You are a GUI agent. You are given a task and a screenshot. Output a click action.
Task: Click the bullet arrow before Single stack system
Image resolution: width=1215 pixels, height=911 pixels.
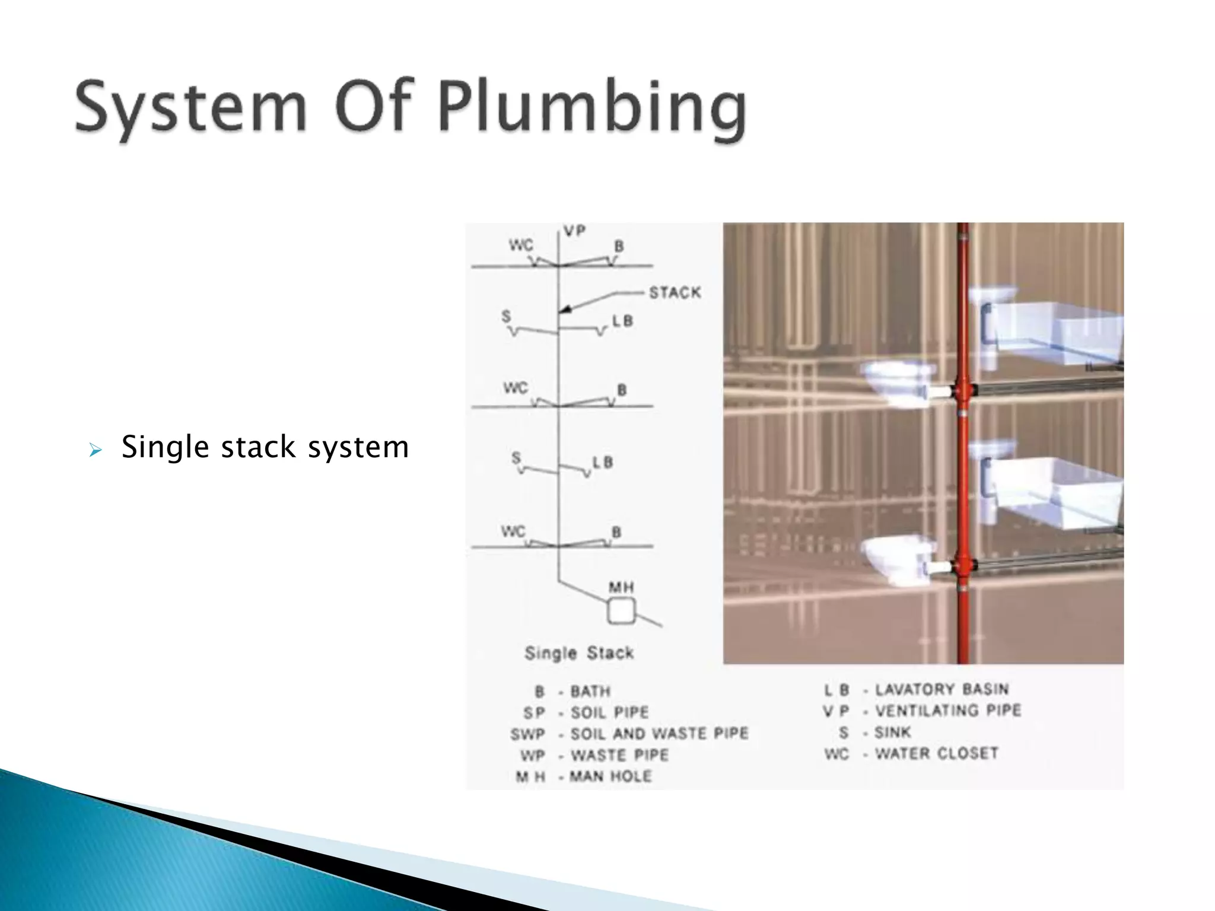(x=95, y=451)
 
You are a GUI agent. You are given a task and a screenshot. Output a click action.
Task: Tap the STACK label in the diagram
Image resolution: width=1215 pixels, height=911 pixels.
(x=675, y=292)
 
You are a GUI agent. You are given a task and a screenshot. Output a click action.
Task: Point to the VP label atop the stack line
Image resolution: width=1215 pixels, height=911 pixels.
(x=574, y=231)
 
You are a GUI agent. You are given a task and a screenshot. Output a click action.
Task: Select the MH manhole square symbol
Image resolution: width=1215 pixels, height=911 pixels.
(x=621, y=611)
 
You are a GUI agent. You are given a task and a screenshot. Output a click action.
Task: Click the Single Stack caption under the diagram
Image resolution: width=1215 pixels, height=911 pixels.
(x=578, y=653)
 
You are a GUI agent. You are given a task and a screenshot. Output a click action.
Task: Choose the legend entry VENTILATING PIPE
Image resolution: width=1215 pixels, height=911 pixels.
(x=947, y=711)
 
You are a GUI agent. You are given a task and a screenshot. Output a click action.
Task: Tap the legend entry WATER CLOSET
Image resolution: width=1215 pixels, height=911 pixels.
(x=936, y=753)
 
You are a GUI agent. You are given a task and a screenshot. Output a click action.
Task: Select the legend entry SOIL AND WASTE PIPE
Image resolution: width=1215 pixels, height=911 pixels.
(x=659, y=734)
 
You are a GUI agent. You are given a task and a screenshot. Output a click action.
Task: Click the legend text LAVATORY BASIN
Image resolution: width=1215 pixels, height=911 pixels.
(x=941, y=689)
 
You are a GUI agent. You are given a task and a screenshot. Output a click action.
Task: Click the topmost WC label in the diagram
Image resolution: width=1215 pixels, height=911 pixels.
(x=521, y=245)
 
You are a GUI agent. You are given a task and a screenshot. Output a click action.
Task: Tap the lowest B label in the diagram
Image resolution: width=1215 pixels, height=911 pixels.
(x=616, y=532)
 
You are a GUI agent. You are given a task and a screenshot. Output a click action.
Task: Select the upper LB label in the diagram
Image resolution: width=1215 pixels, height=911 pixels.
(x=622, y=321)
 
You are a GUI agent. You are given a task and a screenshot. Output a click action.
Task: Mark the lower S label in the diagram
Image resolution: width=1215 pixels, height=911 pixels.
(x=516, y=458)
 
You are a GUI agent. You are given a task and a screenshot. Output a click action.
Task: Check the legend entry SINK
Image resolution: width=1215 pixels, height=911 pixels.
(x=892, y=732)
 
